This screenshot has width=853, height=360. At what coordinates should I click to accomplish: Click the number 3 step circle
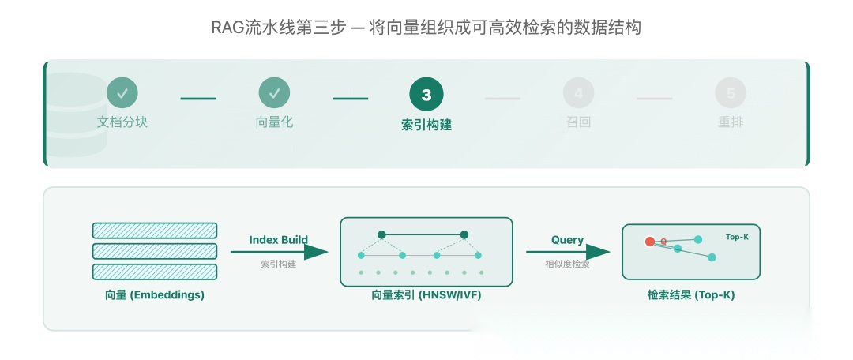tap(426, 95)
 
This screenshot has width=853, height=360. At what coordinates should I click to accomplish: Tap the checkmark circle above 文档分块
tap(122, 93)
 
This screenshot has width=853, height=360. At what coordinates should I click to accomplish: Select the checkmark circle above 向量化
tap(274, 93)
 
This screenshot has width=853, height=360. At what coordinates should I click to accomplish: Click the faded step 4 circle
tap(578, 93)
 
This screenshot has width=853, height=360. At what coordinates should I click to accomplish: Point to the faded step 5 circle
tap(731, 93)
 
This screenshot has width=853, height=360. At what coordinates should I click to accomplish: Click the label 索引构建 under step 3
tap(426, 125)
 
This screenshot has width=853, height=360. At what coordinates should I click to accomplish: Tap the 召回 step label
tap(578, 122)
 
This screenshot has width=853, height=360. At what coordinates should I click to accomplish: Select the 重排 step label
tap(731, 122)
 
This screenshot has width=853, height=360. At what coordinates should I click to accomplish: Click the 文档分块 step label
tap(122, 122)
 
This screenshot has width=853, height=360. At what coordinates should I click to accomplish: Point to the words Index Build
tap(279, 240)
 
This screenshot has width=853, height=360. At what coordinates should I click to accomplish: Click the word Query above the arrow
tap(567, 240)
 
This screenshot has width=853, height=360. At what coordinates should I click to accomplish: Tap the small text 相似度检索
tap(567, 264)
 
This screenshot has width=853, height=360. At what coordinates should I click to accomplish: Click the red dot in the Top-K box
tap(650, 242)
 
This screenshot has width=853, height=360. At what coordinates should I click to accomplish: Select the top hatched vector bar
tap(155, 231)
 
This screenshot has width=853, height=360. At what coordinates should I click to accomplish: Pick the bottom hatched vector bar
tap(155, 272)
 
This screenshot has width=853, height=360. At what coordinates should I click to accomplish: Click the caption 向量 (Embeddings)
tap(155, 295)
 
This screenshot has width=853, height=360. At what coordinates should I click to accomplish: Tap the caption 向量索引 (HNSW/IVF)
tap(426, 295)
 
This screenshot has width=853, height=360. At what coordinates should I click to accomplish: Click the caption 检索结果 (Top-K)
tap(691, 295)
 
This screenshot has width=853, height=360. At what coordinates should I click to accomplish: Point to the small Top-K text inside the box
tap(737, 237)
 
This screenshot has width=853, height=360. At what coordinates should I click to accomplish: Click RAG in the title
tap(227, 28)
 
